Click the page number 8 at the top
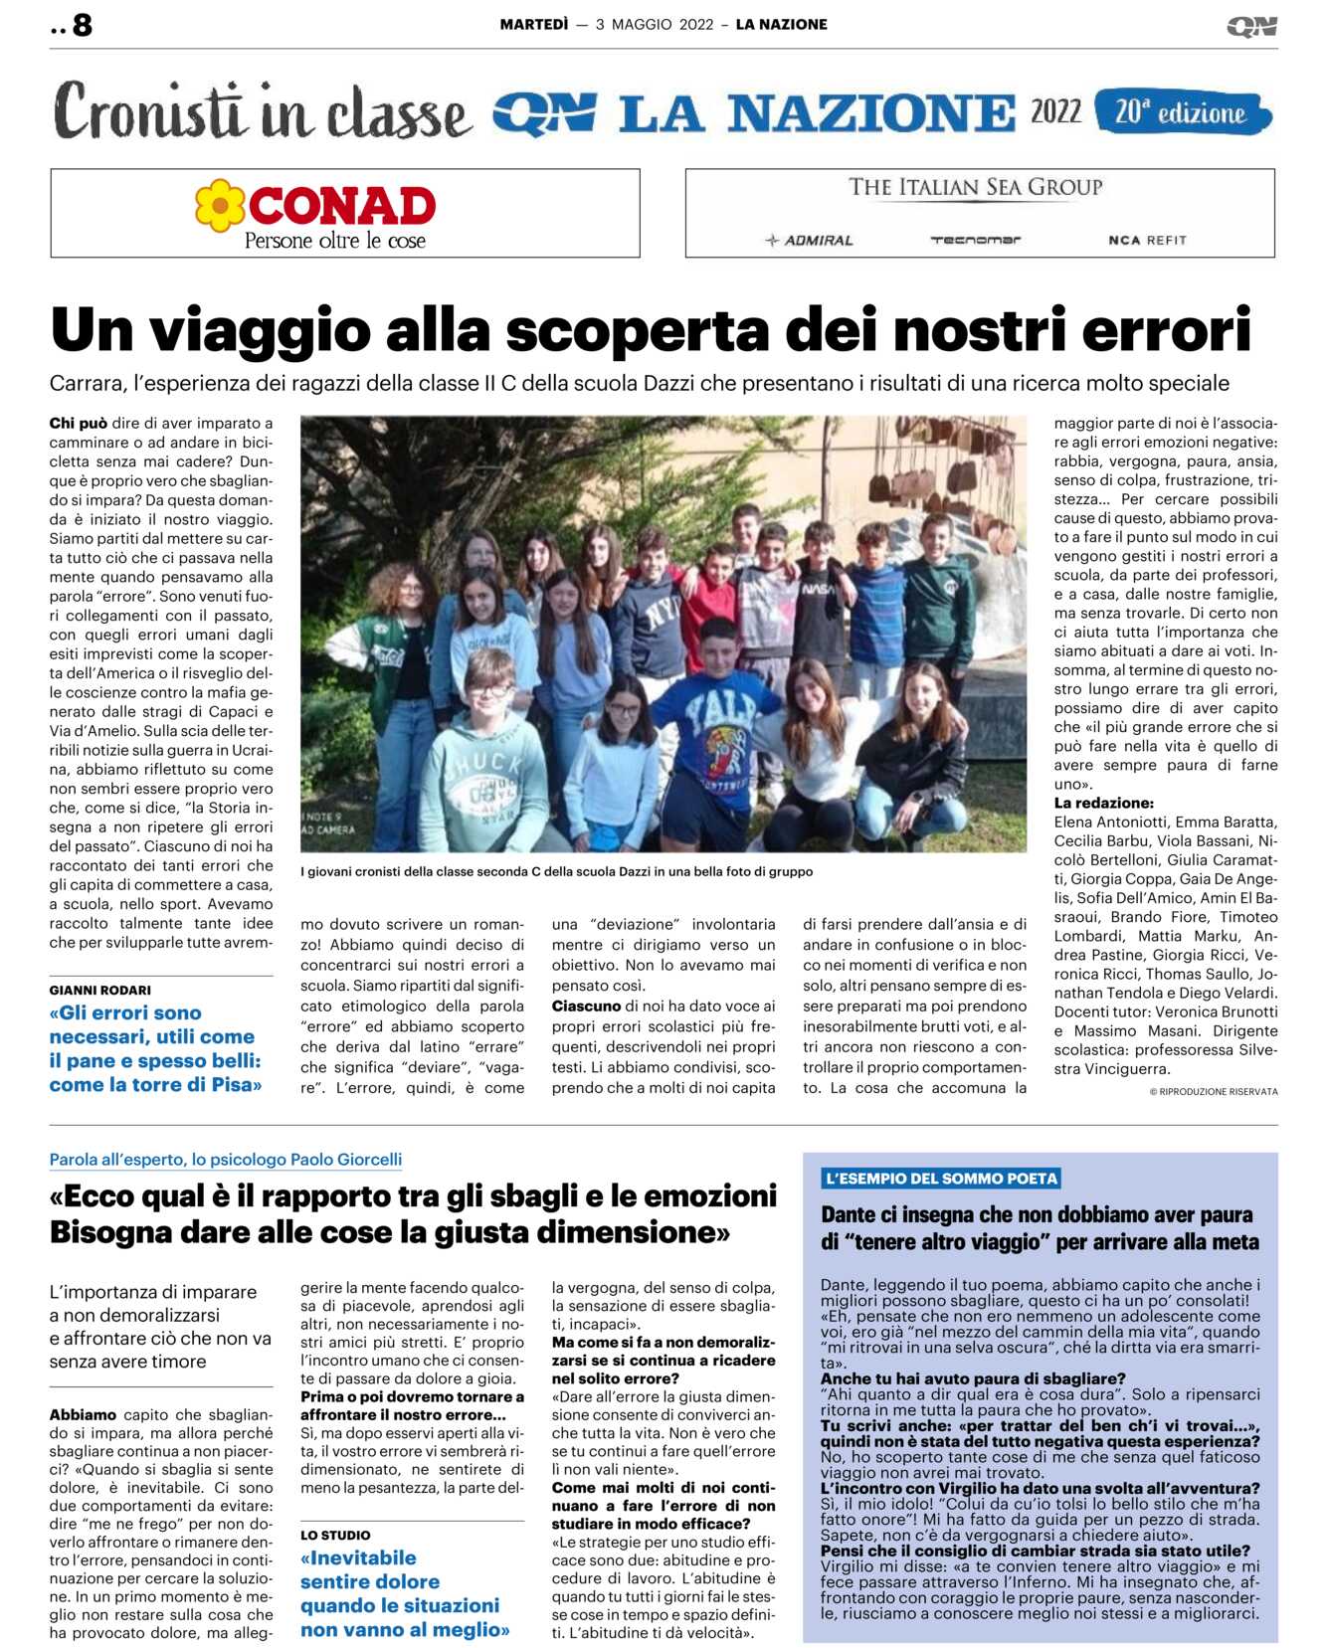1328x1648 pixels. [82, 25]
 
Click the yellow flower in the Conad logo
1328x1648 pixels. [220, 206]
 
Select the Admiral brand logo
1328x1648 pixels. [809, 240]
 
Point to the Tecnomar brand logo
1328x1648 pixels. [975, 240]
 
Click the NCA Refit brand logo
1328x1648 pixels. [1147, 240]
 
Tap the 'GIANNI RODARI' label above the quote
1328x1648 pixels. [100, 990]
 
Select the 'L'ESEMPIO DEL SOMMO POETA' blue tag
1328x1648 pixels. [941, 1179]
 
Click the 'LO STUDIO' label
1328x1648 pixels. [335, 1535]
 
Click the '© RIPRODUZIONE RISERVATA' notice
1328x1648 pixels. [1214, 1091]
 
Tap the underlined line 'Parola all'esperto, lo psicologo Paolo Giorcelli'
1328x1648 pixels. [226, 1159]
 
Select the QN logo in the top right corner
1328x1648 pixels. [1251, 26]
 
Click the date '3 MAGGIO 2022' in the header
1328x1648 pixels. [655, 25]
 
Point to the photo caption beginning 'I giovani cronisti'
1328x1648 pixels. [556, 871]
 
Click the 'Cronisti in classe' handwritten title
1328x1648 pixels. [261, 112]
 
